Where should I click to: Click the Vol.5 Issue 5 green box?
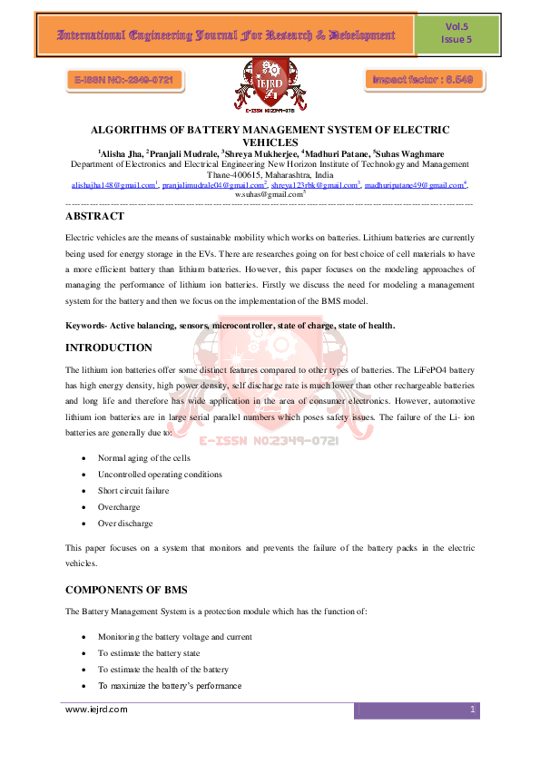click(x=456, y=34)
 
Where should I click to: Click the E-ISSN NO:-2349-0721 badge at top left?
click(x=124, y=81)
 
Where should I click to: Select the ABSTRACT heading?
click(x=95, y=217)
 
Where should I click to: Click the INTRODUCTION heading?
click(x=109, y=348)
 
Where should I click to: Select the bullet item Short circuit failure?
click(x=133, y=491)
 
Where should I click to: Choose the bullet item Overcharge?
click(x=119, y=507)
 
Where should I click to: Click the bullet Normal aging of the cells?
click(x=143, y=458)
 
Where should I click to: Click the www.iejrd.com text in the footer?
click(x=96, y=710)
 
